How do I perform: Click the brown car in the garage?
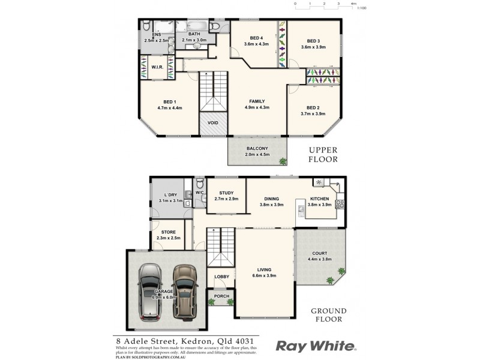(x=185, y=292)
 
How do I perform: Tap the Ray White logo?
(x=316, y=346)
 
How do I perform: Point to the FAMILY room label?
(x=257, y=101)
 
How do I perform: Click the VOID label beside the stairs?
(x=213, y=123)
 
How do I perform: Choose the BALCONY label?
(x=257, y=148)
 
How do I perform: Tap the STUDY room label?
(x=226, y=193)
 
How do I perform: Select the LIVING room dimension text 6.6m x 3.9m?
(x=265, y=276)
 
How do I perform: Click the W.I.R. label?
(x=158, y=67)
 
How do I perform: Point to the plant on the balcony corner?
(x=283, y=160)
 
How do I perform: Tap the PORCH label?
(x=221, y=296)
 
